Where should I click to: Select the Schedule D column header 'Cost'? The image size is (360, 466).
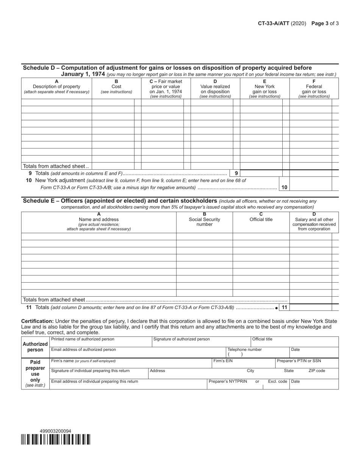point(116,86)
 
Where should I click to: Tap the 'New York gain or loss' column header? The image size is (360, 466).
point(265,89)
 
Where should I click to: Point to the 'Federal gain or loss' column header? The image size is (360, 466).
point(314,89)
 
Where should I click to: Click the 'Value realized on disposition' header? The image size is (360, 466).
point(215,89)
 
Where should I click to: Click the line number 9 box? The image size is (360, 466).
point(236,173)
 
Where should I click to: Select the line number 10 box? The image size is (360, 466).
point(284,187)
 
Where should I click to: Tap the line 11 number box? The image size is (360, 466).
point(284,308)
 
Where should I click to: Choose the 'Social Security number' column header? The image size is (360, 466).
point(204,222)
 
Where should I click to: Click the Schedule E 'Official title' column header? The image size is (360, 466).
point(261,219)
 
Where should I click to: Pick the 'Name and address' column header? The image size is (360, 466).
point(99,222)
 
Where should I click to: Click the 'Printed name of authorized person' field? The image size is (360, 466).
point(100,342)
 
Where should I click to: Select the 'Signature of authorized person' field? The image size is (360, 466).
point(201,342)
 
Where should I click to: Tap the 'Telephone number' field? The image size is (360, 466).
point(258,352)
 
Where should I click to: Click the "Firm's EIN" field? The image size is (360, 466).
point(243,363)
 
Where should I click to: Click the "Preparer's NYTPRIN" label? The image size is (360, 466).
point(227,382)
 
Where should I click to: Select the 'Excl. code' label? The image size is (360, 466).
point(277,382)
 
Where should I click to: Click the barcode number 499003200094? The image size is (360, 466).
point(55,431)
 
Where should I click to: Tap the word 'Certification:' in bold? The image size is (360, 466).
point(37,321)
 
